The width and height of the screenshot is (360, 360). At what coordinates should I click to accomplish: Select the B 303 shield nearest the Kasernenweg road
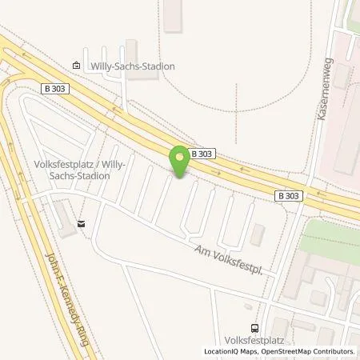(x=289, y=194)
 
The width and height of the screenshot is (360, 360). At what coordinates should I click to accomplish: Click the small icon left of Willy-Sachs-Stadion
(x=76, y=66)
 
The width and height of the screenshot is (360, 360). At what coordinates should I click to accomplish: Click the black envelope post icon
(x=81, y=225)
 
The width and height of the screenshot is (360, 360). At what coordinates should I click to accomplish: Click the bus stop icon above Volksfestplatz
(x=254, y=328)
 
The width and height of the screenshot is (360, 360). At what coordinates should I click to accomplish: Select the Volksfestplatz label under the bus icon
(x=254, y=340)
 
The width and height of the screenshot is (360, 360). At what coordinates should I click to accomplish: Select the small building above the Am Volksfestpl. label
(x=257, y=234)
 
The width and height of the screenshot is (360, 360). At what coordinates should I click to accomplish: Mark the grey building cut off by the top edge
(x=172, y=15)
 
